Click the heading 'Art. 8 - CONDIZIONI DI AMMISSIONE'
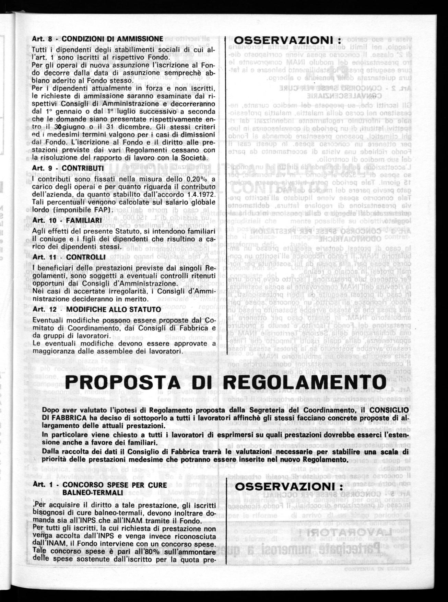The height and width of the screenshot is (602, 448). (x=97, y=38)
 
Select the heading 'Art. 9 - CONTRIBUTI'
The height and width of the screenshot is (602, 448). (x=68, y=169)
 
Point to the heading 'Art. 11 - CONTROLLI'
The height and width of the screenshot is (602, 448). (x=69, y=257)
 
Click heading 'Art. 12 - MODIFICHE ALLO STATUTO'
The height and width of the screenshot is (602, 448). (x=96, y=309)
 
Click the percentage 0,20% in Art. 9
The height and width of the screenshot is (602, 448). (x=197, y=179)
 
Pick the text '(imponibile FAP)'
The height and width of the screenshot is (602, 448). (x=85, y=210)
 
